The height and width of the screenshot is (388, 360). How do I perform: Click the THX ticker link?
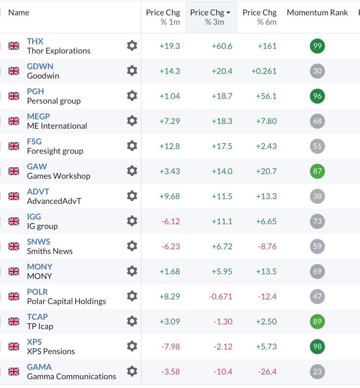point(35,41)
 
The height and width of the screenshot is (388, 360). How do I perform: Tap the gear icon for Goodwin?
point(132,71)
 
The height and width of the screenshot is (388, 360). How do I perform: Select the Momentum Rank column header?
point(317,13)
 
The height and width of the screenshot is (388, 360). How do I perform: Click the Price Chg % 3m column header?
point(211,17)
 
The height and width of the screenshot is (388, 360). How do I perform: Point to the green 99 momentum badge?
point(317,46)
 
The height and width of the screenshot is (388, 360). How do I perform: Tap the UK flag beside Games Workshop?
point(14,171)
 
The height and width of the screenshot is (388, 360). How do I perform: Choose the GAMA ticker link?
point(39,367)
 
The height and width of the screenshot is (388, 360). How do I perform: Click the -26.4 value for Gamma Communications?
point(267,372)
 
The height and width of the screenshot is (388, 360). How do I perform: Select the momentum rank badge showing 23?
point(317,372)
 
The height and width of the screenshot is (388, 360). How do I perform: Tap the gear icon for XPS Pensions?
point(132,346)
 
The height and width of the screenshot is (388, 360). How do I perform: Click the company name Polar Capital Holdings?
point(66,302)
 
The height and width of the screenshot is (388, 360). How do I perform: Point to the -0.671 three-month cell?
point(221,297)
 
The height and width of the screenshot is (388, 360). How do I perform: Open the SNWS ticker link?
point(38,242)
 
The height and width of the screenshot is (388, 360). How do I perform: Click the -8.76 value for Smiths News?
point(267,247)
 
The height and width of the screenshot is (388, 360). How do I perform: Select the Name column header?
point(19,13)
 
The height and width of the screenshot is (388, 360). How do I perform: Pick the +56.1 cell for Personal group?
point(267,96)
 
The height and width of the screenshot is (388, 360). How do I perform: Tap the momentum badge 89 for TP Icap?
point(317,322)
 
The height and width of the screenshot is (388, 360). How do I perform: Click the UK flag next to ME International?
point(14,121)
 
